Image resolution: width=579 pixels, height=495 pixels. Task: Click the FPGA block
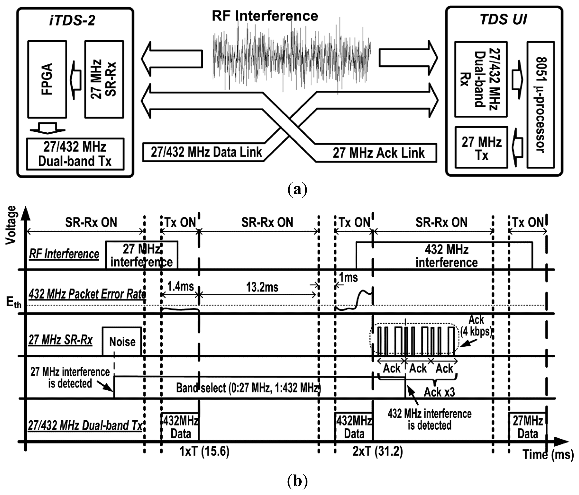[x=47, y=79]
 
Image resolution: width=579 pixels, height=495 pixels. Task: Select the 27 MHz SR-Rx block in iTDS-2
[x=104, y=79]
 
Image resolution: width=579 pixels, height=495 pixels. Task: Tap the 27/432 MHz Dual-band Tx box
[x=75, y=154]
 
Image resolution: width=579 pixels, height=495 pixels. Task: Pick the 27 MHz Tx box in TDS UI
[x=481, y=147]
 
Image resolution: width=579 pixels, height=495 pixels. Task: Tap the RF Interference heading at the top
[x=265, y=16]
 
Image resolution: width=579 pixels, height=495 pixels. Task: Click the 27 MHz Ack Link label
[x=378, y=153]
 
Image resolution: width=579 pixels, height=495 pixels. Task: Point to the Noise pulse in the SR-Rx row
[x=122, y=342]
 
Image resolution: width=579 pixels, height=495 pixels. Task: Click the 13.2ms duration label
[x=262, y=287]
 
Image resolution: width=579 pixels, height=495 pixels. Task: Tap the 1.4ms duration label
[x=180, y=286]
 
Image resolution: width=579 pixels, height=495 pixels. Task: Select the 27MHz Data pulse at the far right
[x=527, y=428]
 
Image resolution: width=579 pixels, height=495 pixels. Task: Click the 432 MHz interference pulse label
[x=446, y=256]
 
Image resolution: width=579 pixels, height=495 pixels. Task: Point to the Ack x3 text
[x=439, y=392]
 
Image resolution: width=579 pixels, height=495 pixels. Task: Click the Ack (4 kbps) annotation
[x=476, y=326]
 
